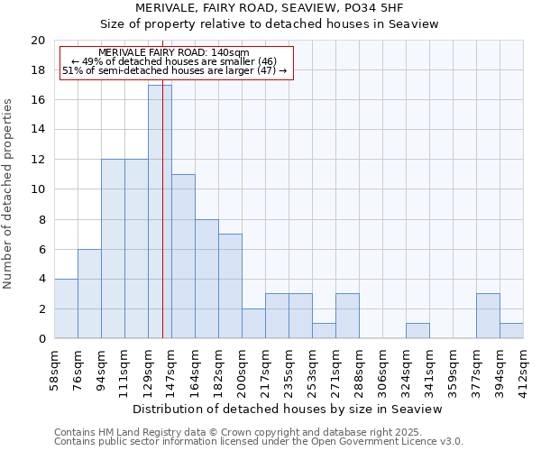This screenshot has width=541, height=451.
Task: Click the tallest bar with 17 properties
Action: pyautogui.click(x=160, y=212)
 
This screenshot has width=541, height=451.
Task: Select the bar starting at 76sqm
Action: pyautogui.click(x=89, y=294)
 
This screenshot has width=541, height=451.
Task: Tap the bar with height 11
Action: pyautogui.click(x=183, y=256)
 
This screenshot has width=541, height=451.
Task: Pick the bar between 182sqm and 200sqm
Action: pyautogui.click(x=230, y=286)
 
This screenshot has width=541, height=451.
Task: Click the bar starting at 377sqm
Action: pyautogui.click(x=488, y=316)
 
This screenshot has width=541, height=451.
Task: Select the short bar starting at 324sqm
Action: pyautogui.click(x=417, y=331)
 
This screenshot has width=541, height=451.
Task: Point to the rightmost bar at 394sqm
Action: pyautogui.click(x=511, y=331)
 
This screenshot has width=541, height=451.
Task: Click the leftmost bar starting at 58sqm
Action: pyautogui.click(x=66, y=308)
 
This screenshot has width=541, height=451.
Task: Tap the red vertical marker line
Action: pyautogui.click(x=162, y=225)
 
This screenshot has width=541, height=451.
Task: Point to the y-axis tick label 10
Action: pyautogui.click(x=38, y=189)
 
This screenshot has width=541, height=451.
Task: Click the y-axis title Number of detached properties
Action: pyautogui.click(x=9, y=194)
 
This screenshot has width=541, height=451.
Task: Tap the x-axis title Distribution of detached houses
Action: pyautogui.click(x=289, y=409)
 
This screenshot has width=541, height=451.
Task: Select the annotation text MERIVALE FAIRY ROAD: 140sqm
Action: pyautogui.click(x=174, y=53)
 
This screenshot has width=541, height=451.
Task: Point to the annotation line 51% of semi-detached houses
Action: pyautogui.click(x=174, y=70)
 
